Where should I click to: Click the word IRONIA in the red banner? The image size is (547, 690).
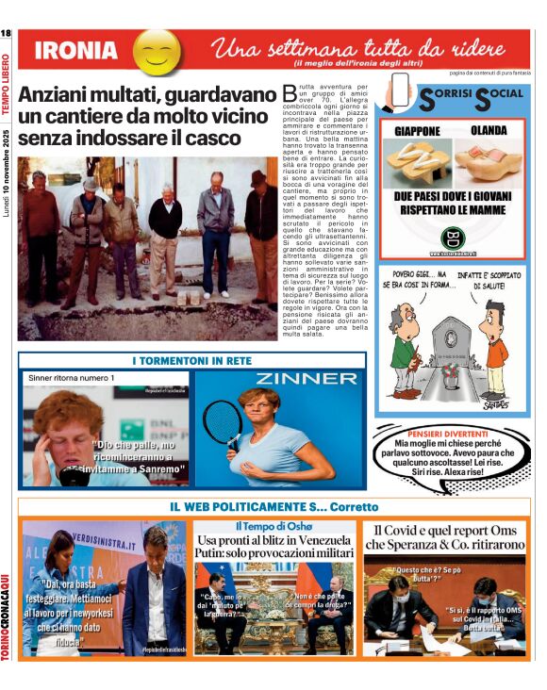(x=75, y=51)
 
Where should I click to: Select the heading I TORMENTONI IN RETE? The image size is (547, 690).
(x=191, y=360)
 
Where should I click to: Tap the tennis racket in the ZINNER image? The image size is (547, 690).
(x=223, y=423)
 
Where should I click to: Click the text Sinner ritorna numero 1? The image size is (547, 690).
(x=71, y=378)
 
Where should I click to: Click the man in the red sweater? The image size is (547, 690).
(x=41, y=226)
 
